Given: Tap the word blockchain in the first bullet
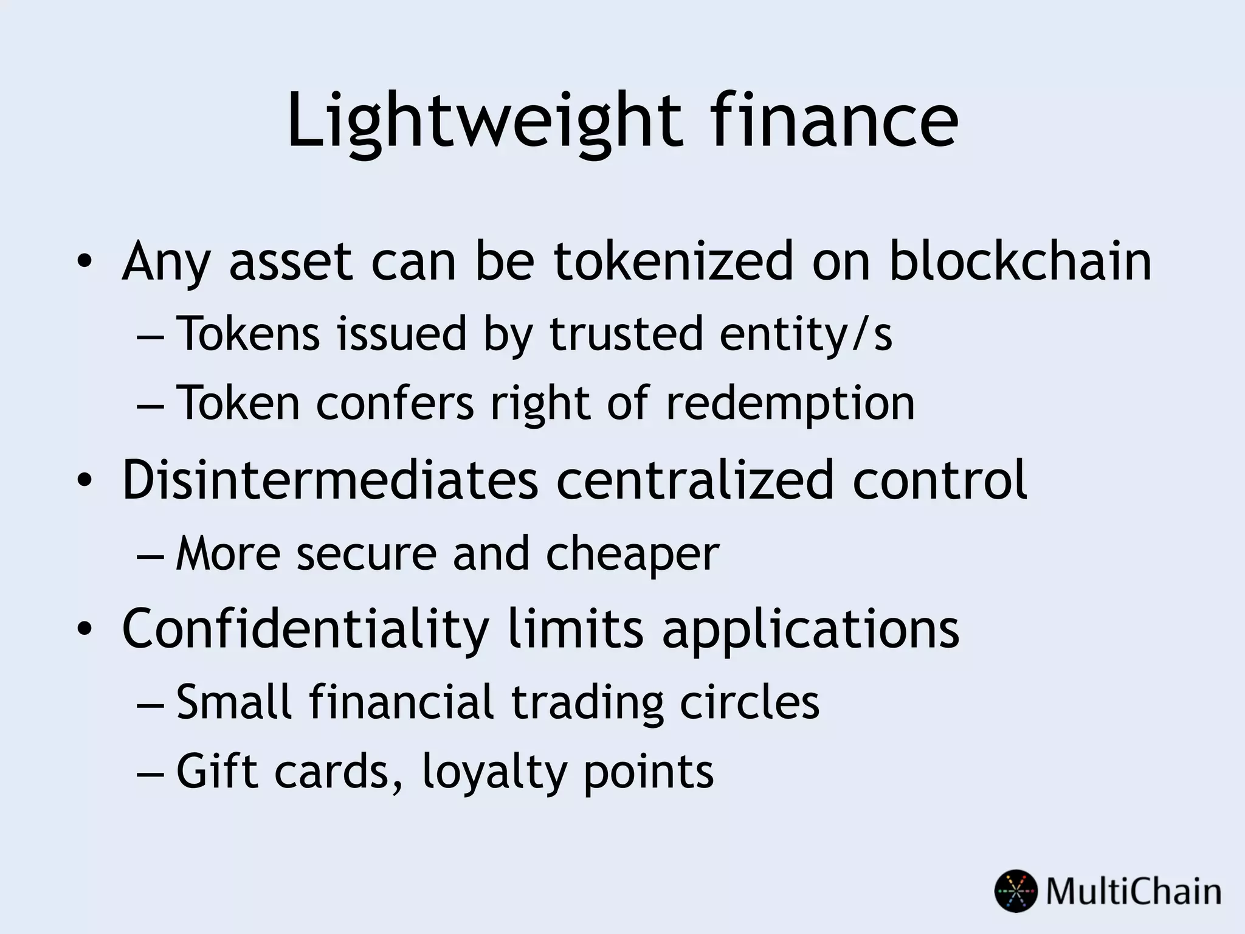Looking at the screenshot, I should (1019, 261).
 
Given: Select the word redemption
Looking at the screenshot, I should (790, 403).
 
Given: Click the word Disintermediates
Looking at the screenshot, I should (330, 480).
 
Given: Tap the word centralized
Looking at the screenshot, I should (695, 480).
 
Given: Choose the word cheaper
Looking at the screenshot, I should (632, 554).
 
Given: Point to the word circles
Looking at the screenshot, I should (750, 702).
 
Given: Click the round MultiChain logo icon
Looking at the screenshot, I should (1016, 891).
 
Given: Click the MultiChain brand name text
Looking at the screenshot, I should (1133, 891).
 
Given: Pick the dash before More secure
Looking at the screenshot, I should (150, 555).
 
